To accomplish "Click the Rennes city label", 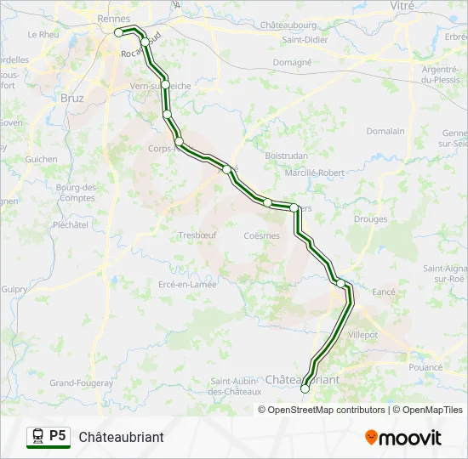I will [114, 18].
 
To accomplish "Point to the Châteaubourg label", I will [283, 25].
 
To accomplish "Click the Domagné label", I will [292, 62].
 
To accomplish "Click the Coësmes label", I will [261, 235].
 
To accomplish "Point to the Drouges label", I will [370, 219].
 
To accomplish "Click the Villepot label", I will [362, 335].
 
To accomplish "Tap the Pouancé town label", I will [425, 367].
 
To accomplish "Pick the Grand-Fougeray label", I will [81, 383].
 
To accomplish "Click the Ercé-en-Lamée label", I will [187, 285].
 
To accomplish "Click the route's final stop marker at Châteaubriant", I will [305, 389].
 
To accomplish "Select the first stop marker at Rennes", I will [119, 32].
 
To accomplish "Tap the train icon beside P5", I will [37, 436].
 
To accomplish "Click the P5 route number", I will [58, 436].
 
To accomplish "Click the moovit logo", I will [403, 438].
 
